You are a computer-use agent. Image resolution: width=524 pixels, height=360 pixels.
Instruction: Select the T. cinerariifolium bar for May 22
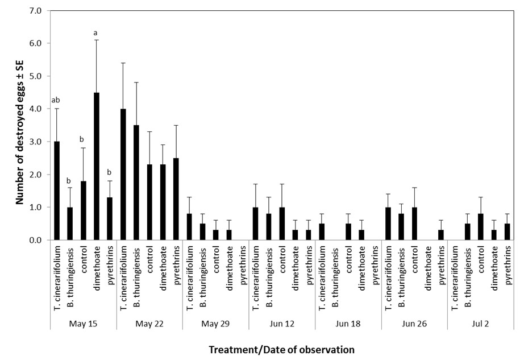tap(123, 174)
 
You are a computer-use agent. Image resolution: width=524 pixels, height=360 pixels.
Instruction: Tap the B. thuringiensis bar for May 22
tap(136, 183)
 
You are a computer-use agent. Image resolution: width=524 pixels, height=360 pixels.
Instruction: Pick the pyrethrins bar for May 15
tap(110, 218)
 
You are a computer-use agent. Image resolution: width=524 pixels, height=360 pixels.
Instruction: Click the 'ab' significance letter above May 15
tap(56, 101)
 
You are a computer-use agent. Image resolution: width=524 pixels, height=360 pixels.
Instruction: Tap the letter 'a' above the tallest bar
tap(96, 32)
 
